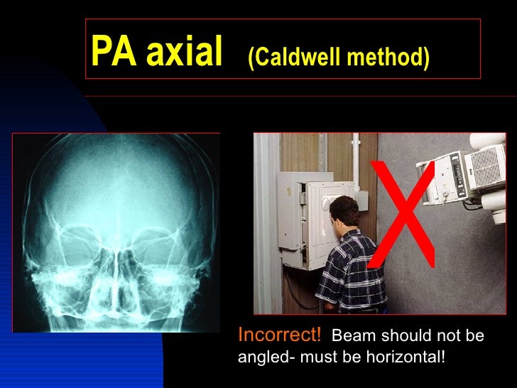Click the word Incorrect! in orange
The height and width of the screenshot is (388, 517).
pyautogui.click(x=279, y=334)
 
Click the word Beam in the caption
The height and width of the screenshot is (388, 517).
pyautogui.click(x=350, y=335)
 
